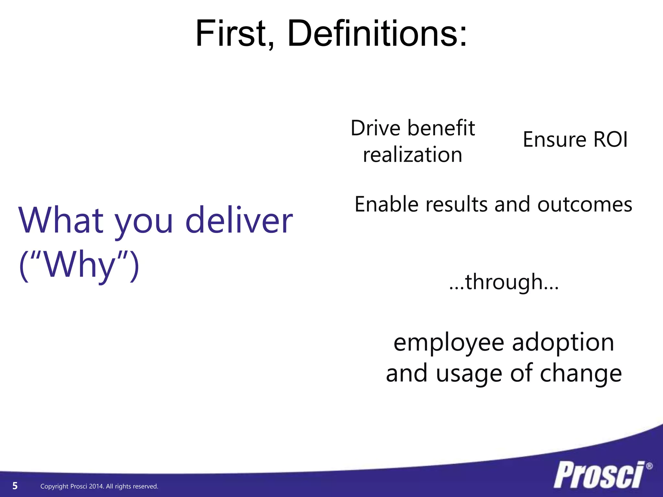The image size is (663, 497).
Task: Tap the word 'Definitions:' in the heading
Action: [x=377, y=34]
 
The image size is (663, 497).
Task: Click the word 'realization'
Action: [x=412, y=155]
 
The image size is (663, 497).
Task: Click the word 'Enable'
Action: [x=387, y=204]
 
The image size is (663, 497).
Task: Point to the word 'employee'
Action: [x=449, y=343]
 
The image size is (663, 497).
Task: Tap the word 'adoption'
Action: [x=563, y=343]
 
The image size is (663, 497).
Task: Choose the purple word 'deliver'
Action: [x=239, y=221]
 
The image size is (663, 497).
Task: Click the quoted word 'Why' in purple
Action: [x=79, y=265]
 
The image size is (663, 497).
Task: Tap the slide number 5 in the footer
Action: [x=15, y=486]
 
